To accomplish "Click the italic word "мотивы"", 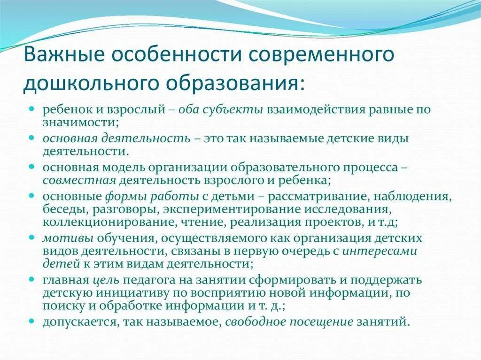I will (62, 238).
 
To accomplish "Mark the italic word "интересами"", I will (379, 251).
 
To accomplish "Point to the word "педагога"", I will (146, 281).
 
